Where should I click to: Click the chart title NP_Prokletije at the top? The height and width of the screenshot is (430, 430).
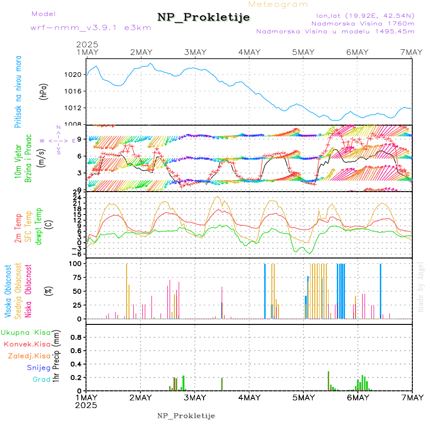click(x=204, y=18)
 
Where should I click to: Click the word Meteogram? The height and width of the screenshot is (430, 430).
click(x=278, y=4)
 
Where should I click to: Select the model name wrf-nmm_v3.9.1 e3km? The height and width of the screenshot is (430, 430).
click(x=91, y=28)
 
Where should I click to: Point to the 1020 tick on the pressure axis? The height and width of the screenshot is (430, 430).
click(x=74, y=75)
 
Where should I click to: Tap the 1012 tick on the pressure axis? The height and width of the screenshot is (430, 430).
click(x=74, y=108)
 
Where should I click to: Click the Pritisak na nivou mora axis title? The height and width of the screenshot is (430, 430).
click(x=19, y=94)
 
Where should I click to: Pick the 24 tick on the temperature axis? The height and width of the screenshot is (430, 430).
click(x=76, y=197)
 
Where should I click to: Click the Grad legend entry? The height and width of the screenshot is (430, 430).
click(x=42, y=379)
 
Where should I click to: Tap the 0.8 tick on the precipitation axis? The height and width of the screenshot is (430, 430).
click(x=75, y=337)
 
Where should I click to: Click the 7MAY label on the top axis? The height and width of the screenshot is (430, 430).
click(x=411, y=52)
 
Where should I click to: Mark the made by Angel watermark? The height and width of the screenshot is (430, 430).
click(x=421, y=287)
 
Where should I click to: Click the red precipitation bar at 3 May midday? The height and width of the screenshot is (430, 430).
click(x=222, y=384)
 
